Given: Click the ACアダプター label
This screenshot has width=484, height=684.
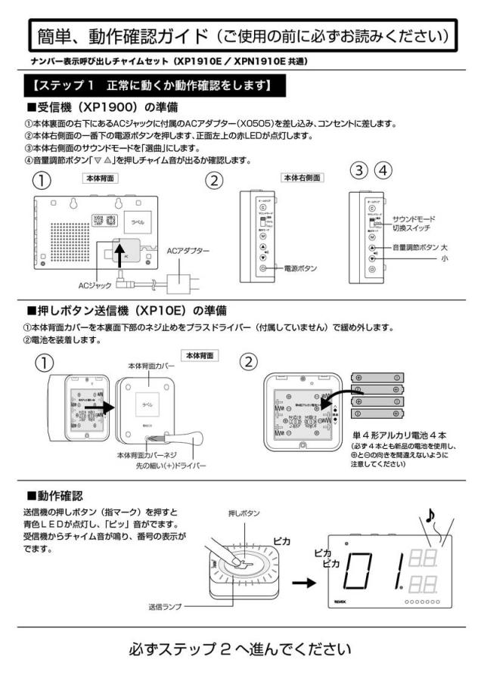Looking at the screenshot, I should pyautogui.click(x=188, y=251).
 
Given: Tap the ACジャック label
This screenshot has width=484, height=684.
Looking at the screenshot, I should pyautogui.click(x=95, y=286).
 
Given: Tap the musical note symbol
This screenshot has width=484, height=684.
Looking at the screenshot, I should pyautogui.click(x=430, y=515).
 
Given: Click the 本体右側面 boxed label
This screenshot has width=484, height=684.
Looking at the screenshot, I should pyautogui.click(x=302, y=178).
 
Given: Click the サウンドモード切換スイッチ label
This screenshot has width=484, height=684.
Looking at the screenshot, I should pyautogui.click(x=417, y=223).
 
